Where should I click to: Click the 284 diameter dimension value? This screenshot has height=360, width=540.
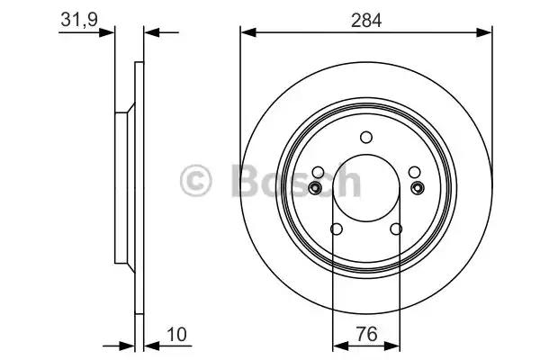click(x=366, y=21)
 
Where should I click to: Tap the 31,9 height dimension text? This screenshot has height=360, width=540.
click(x=79, y=19)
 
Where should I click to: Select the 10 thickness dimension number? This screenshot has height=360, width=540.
click(x=176, y=334)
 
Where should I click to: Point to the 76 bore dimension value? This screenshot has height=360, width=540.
click(x=366, y=334)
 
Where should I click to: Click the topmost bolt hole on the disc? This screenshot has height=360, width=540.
click(x=366, y=137)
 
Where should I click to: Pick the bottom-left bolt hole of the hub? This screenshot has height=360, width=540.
click(x=336, y=229)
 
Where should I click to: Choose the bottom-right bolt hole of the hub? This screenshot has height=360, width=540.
click(x=396, y=229)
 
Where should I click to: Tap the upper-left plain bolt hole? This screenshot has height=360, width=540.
click(x=318, y=172)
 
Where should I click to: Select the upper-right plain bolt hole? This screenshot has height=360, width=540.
click(x=414, y=172)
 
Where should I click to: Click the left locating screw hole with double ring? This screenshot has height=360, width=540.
click(x=314, y=188)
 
